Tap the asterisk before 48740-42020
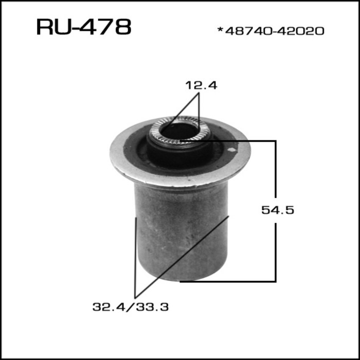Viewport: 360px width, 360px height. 220,30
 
